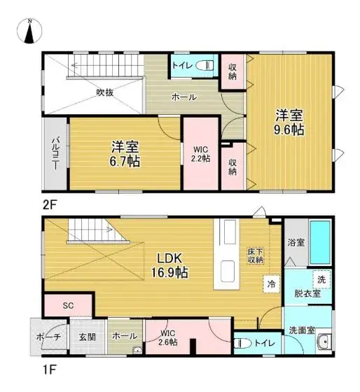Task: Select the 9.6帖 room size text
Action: (289, 130)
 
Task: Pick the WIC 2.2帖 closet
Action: (200, 153)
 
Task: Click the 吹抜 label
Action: (106, 91)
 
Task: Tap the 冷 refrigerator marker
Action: (270, 284)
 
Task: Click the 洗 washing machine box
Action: (321, 279)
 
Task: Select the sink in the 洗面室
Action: (323, 344)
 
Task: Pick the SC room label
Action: (68, 306)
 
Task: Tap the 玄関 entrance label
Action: (88, 337)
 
